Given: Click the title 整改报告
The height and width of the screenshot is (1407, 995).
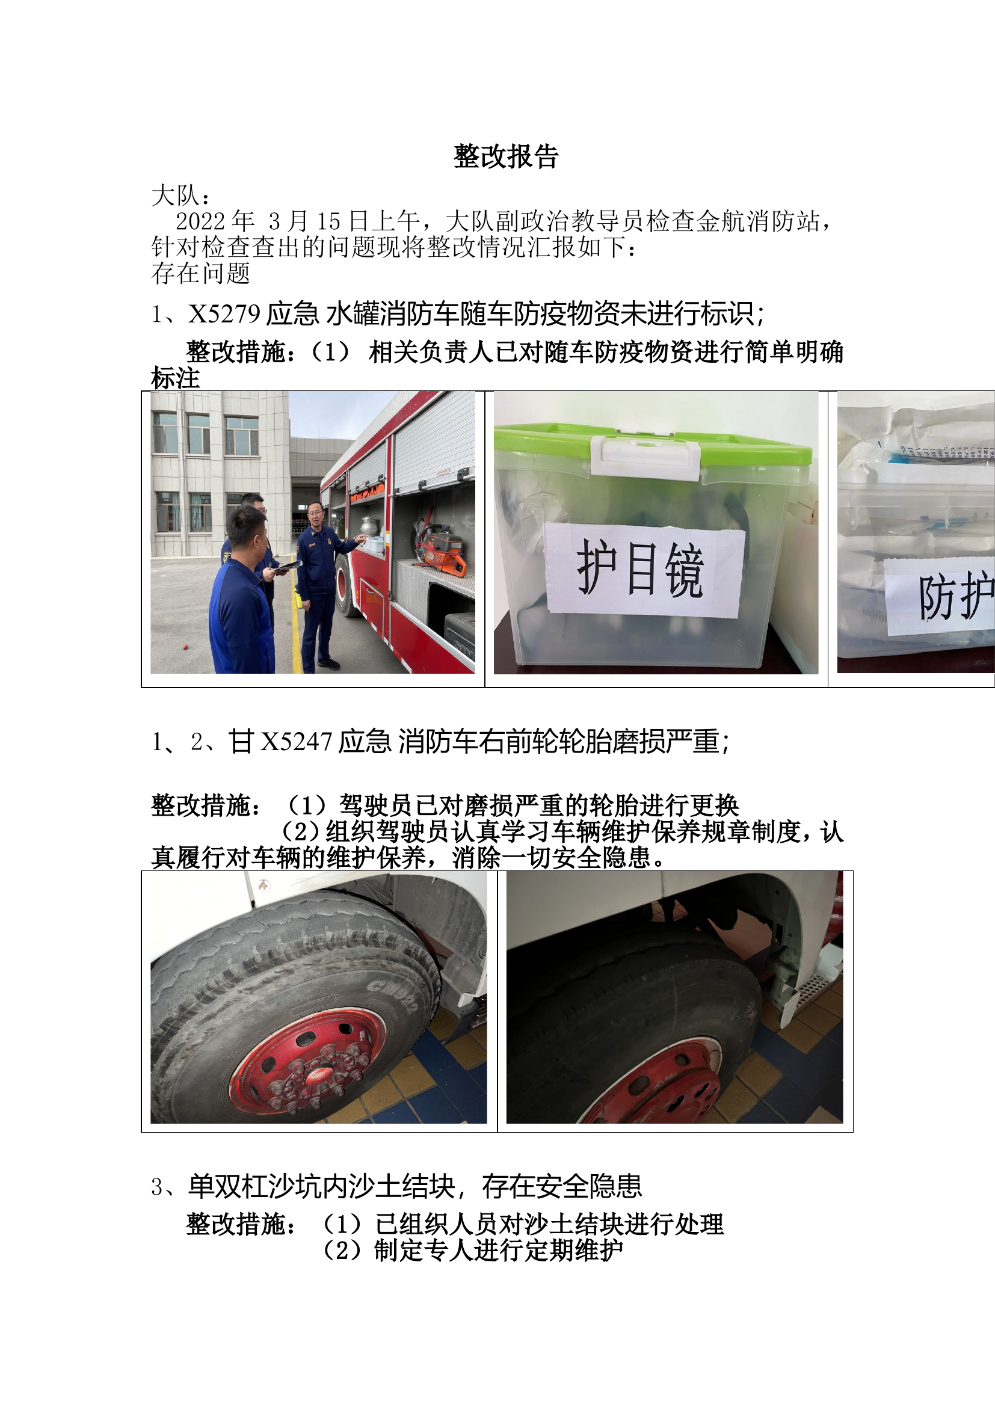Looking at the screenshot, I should pyautogui.click(x=505, y=157).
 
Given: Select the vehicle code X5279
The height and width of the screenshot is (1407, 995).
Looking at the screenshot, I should pyautogui.click(x=224, y=315).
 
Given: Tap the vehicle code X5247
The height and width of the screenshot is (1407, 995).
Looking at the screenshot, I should pyautogui.click(x=296, y=742).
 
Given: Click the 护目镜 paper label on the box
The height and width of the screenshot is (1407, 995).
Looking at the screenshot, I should pyautogui.click(x=643, y=570).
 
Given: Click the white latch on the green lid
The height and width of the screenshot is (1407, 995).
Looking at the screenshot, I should pyautogui.click(x=644, y=457).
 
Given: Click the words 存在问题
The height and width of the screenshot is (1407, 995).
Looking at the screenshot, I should pyautogui.click(x=200, y=273).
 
